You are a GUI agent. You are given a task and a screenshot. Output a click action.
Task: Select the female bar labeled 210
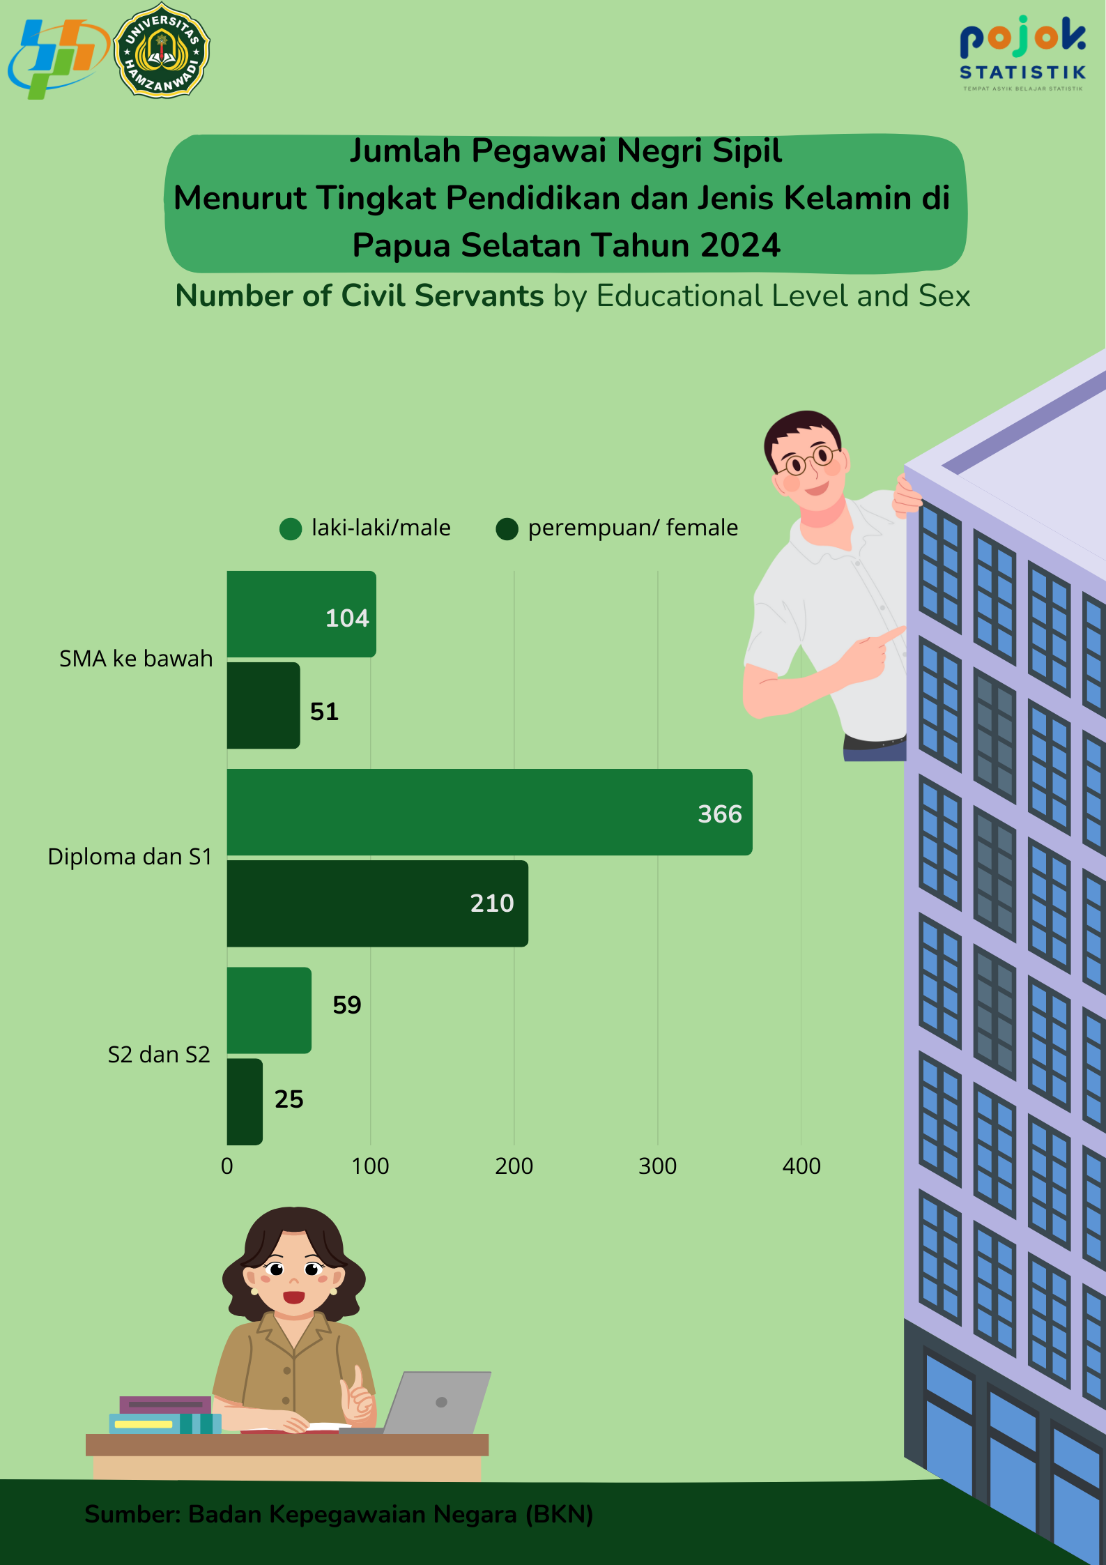[x=377, y=903]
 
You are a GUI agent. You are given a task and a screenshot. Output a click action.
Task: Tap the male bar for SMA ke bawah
[x=301, y=614]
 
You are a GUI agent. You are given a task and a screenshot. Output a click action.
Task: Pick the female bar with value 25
[x=245, y=1101]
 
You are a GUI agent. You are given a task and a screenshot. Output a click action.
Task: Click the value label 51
[x=324, y=712]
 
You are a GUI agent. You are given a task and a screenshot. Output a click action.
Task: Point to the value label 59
[x=346, y=1005]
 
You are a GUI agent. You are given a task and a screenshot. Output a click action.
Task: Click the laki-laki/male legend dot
[x=291, y=529]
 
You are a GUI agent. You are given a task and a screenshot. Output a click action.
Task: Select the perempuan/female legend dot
[x=507, y=529]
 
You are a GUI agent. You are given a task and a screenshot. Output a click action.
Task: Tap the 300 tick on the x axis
[x=657, y=1166]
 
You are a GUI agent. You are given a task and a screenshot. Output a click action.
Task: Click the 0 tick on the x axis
[x=227, y=1166]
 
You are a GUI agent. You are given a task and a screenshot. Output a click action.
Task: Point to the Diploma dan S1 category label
[x=130, y=857]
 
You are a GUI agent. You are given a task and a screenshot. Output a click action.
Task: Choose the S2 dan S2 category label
[x=159, y=1055]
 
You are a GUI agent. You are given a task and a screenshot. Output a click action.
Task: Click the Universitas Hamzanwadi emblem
[x=162, y=50]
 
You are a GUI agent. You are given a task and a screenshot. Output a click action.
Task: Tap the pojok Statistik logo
[x=1022, y=52]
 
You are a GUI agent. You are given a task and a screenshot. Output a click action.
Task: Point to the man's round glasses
[x=809, y=459]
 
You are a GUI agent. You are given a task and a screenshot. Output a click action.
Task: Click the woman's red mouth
[x=293, y=1297]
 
